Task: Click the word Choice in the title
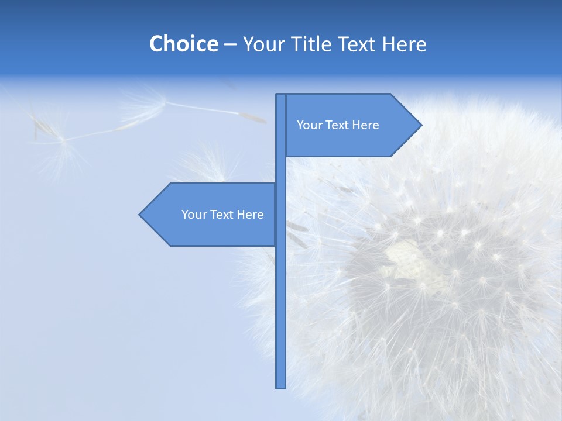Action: pos(183,44)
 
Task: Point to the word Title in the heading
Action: pos(311,44)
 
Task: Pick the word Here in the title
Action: pos(404,44)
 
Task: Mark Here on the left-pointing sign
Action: pos(250,215)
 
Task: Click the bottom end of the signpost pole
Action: pos(280,386)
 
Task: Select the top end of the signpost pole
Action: pos(280,96)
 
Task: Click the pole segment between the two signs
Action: pos(280,170)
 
